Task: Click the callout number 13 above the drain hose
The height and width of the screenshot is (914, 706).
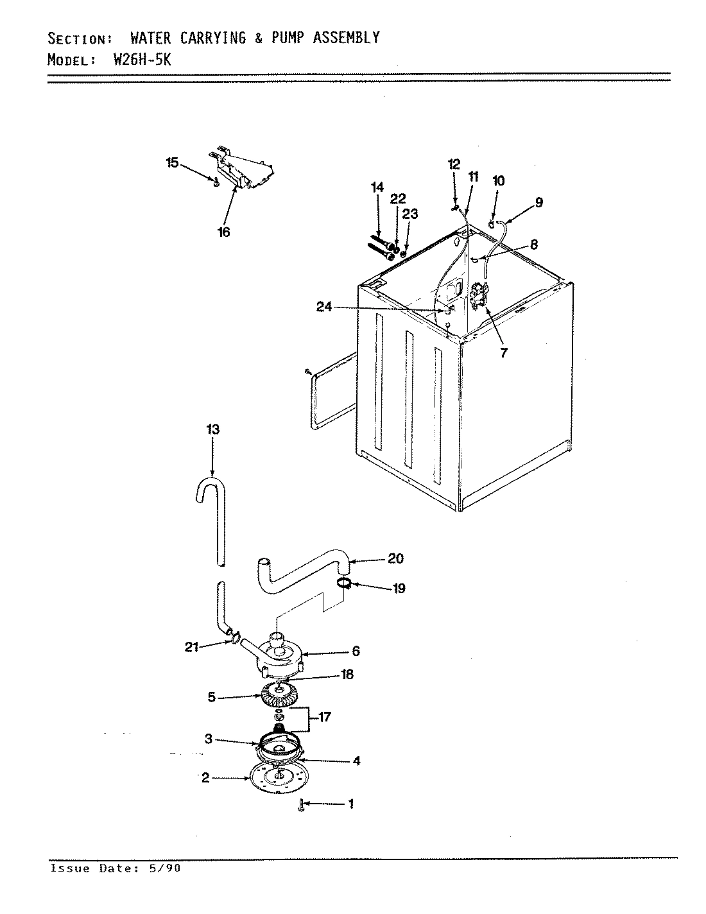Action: (x=212, y=429)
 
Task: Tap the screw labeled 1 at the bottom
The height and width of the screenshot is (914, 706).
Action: (x=300, y=804)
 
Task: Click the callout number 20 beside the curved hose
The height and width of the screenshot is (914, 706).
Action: (x=395, y=558)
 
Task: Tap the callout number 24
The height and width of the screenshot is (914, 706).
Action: (x=324, y=307)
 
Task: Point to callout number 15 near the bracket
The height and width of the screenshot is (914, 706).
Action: (x=173, y=163)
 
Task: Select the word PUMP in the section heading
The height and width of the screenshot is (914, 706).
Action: (x=288, y=38)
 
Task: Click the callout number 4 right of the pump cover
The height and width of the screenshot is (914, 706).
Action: (x=356, y=761)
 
